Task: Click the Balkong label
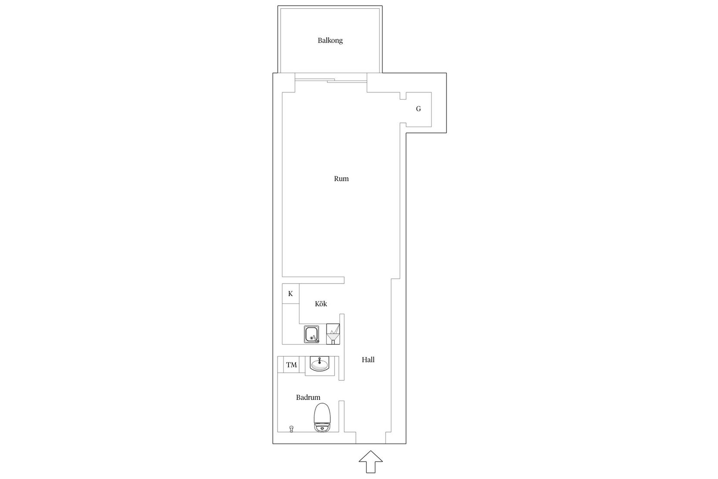[x=330, y=40]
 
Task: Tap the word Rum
[x=341, y=179]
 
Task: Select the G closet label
[x=418, y=109]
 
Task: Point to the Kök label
[x=321, y=304]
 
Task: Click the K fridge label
[x=290, y=293]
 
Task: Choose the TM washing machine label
[x=292, y=365]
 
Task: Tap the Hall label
[x=368, y=360]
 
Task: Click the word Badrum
[x=308, y=398]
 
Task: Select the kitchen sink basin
[x=312, y=334]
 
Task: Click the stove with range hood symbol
[x=333, y=334]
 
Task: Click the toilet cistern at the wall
[x=322, y=428]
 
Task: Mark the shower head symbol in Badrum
[x=292, y=428]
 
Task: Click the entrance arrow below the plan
[x=371, y=462]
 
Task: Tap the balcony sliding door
[x=331, y=80]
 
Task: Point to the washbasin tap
[x=319, y=360]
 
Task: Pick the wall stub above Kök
[x=313, y=280]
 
